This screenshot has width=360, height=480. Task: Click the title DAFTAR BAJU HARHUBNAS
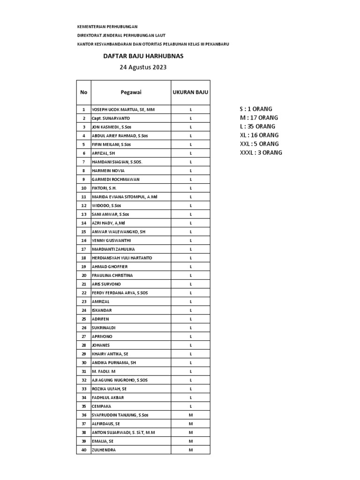click(x=143, y=56)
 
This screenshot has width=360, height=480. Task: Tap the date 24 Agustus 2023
click(x=143, y=67)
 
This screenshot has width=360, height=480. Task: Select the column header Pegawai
click(x=131, y=92)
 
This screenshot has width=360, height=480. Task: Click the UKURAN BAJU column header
click(x=190, y=92)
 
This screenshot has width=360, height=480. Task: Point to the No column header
click(x=84, y=92)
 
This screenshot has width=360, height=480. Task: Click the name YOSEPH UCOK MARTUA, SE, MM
click(x=123, y=109)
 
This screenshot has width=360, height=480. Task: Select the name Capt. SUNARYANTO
click(x=111, y=118)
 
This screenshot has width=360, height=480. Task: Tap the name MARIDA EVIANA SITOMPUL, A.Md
click(x=125, y=197)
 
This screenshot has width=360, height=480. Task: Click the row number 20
click(x=84, y=275)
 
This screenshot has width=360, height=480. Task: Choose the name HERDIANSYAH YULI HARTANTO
click(x=122, y=258)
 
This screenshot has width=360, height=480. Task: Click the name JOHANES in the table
click(x=101, y=345)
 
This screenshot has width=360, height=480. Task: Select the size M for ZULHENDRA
click(x=191, y=450)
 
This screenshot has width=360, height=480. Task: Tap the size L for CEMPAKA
click(x=191, y=406)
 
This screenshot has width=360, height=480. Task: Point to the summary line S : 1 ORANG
click(x=256, y=109)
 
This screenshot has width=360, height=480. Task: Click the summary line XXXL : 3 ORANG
click(x=261, y=153)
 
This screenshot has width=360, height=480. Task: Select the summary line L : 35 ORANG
click(x=257, y=127)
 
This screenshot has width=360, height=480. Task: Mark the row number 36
click(x=84, y=415)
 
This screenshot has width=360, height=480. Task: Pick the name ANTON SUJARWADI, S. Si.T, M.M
click(x=124, y=433)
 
